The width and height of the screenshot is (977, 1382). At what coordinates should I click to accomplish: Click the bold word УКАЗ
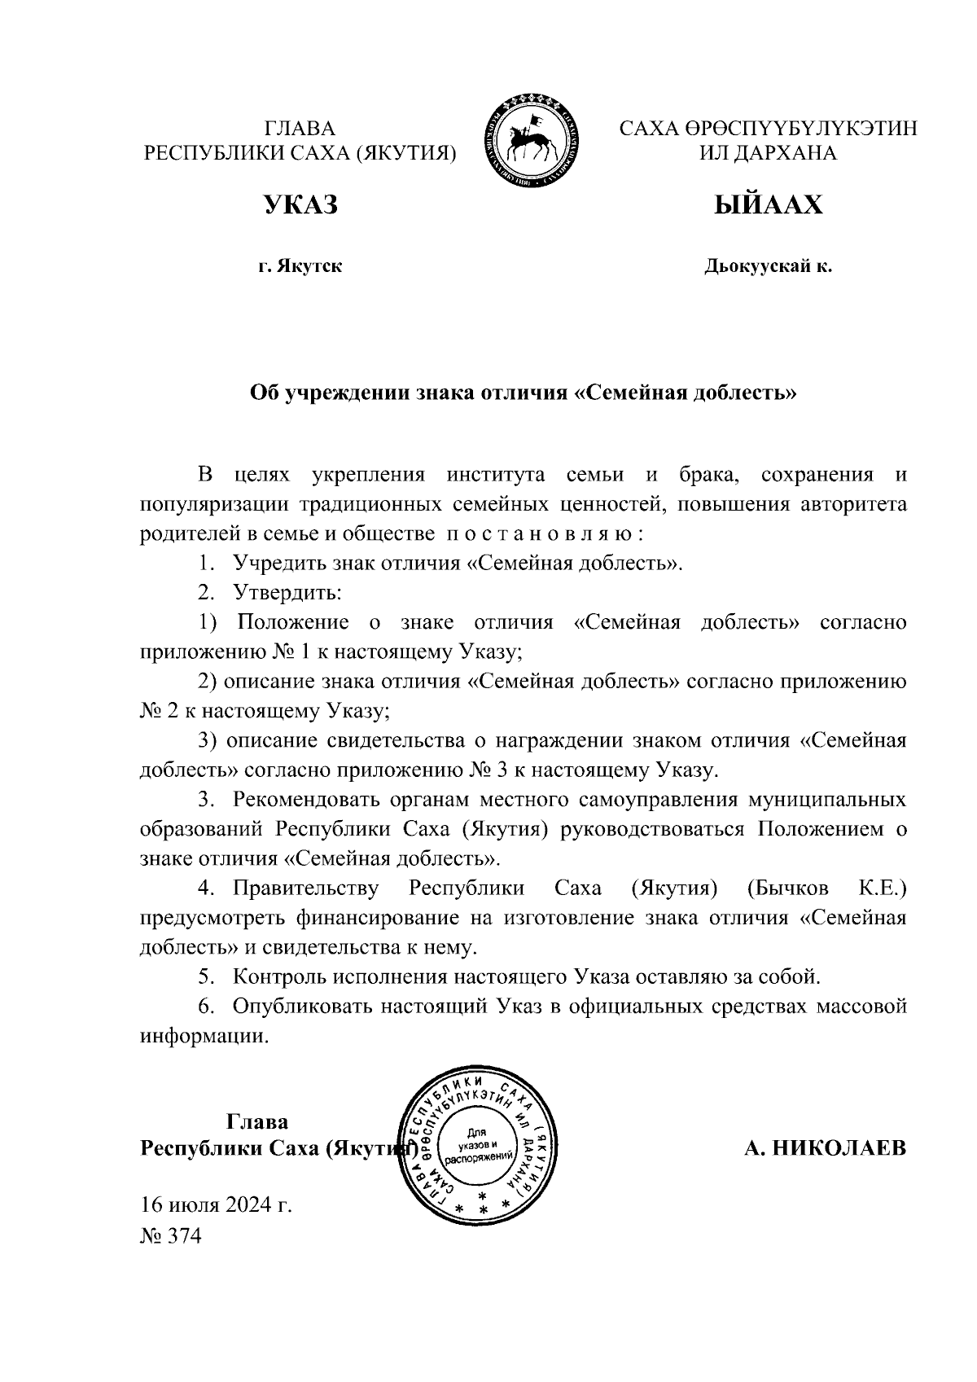[300, 205]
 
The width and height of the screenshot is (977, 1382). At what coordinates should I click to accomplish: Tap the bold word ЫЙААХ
[768, 205]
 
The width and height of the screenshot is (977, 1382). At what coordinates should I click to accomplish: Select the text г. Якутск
[300, 266]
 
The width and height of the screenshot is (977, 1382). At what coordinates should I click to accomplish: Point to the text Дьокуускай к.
[768, 266]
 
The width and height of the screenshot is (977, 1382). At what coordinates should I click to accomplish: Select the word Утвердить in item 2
[287, 593]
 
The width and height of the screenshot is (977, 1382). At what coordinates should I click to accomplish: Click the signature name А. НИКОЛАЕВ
[825, 1148]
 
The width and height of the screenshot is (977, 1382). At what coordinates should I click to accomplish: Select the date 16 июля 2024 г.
[216, 1204]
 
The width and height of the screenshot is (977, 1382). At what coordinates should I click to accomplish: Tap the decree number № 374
[170, 1236]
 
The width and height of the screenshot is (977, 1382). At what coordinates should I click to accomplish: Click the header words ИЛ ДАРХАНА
[768, 153]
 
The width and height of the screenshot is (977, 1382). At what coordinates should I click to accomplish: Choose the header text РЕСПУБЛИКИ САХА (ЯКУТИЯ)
[300, 153]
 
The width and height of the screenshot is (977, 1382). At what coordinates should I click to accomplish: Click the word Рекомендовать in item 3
[307, 800]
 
